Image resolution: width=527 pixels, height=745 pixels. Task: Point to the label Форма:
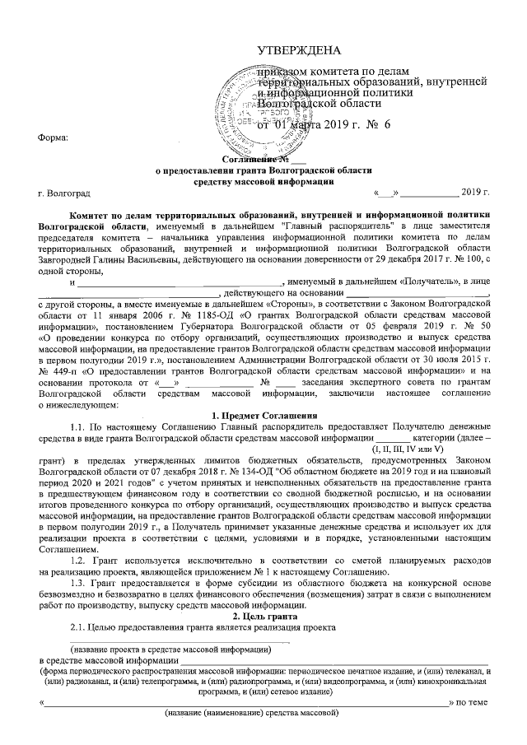[54, 137]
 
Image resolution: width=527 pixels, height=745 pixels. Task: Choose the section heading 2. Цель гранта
[263, 615]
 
